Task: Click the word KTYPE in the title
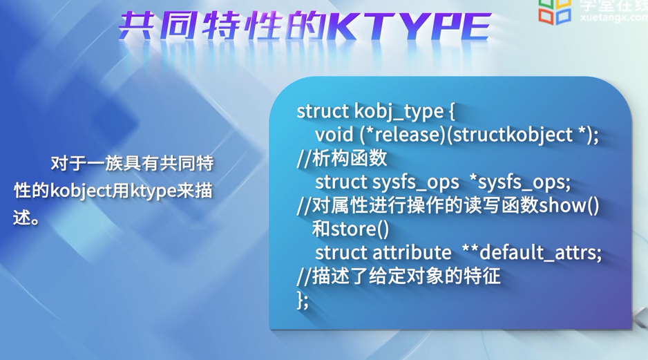pos(408,26)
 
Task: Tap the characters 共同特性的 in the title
pos(222,26)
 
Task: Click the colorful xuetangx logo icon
pos(554,11)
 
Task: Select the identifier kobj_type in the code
pos(399,111)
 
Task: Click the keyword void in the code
pos(334,135)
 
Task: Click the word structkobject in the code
pos(513,135)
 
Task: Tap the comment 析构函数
pos(349,158)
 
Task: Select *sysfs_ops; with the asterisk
pos(520,182)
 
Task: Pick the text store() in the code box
pos(360,229)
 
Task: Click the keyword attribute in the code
pos(412,252)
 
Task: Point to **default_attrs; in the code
pos(531,252)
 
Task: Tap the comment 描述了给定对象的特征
pos(406,276)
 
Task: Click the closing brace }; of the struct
pos(303,300)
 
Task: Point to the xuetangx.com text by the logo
pos(613,17)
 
